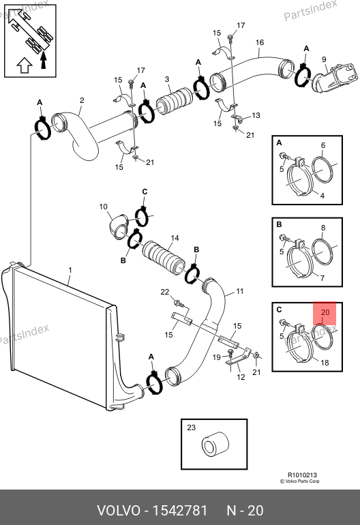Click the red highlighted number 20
tap(325, 312)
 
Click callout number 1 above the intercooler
tap(70, 270)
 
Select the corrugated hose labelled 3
tap(175, 101)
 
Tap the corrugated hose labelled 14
tap(164, 257)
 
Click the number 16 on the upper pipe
tap(260, 42)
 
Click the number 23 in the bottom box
tap(191, 427)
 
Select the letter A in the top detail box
tap(279, 143)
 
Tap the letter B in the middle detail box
tap(279, 225)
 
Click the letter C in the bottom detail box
tap(279, 310)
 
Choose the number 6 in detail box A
tap(322, 145)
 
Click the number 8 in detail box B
tap(322, 228)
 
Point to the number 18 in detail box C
tap(325, 363)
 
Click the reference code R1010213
tap(302, 475)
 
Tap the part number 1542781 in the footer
tap(180, 511)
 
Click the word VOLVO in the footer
tap(119, 511)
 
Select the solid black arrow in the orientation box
tap(43, 59)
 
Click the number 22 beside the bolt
tap(165, 292)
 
